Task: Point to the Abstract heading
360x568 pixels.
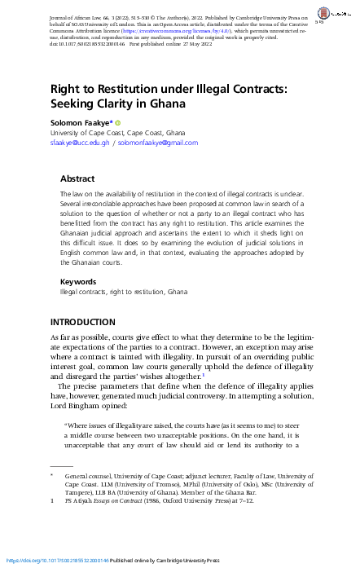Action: (79, 178)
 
